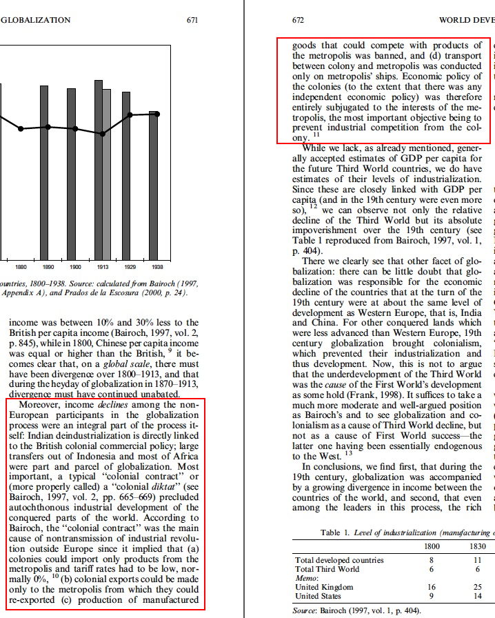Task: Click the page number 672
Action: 299,20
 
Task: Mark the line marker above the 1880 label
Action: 21,128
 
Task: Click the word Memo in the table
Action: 305,578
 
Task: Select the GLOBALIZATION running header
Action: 36,20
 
